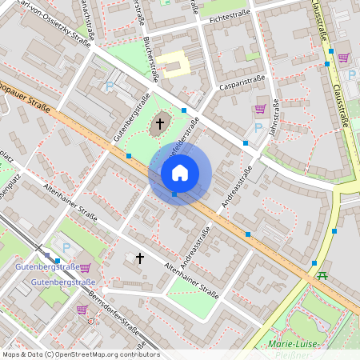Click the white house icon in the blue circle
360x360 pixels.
tap(180, 173)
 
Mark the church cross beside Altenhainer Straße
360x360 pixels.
tap(140, 258)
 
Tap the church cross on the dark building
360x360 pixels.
tap(160, 123)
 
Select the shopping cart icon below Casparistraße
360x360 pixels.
tap(260, 109)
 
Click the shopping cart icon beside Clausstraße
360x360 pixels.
tap(343, 57)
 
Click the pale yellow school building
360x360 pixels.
tap(172, 62)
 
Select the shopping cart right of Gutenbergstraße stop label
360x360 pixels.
tap(86, 267)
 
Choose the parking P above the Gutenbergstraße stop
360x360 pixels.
tap(66, 247)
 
